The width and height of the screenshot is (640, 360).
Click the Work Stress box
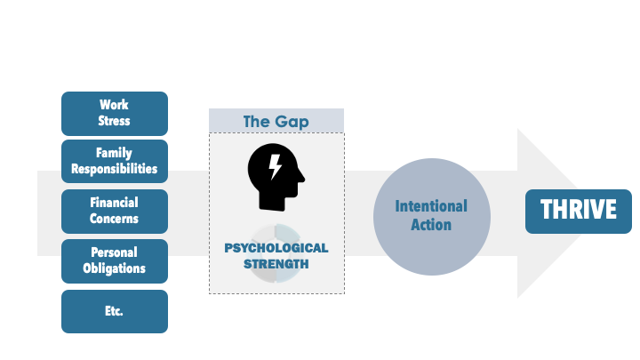(x=115, y=114)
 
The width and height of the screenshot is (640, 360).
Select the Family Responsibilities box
(x=115, y=161)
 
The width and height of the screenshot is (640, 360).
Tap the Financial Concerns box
(x=115, y=212)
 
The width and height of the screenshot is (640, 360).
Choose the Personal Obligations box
(x=115, y=261)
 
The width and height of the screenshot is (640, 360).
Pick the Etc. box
(x=115, y=311)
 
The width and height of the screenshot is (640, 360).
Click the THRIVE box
(x=579, y=212)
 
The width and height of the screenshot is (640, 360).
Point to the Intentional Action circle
(x=432, y=217)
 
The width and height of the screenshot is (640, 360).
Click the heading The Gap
(x=276, y=122)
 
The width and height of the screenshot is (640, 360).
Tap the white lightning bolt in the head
(x=275, y=166)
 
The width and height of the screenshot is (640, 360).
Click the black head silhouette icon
(x=276, y=177)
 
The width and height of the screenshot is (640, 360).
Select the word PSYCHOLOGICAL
(x=276, y=248)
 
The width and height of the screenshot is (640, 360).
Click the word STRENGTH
(x=276, y=264)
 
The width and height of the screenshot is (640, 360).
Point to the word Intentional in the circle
(x=431, y=206)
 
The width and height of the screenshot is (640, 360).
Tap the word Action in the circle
(x=431, y=225)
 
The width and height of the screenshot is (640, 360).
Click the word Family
(x=114, y=153)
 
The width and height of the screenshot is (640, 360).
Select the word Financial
(x=115, y=203)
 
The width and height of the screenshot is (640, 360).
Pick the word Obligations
(x=115, y=268)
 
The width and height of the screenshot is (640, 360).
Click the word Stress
(x=114, y=121)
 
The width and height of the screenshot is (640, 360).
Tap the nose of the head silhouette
(x=302, y=177)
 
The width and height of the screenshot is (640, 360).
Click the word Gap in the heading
(x=292, y=123)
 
